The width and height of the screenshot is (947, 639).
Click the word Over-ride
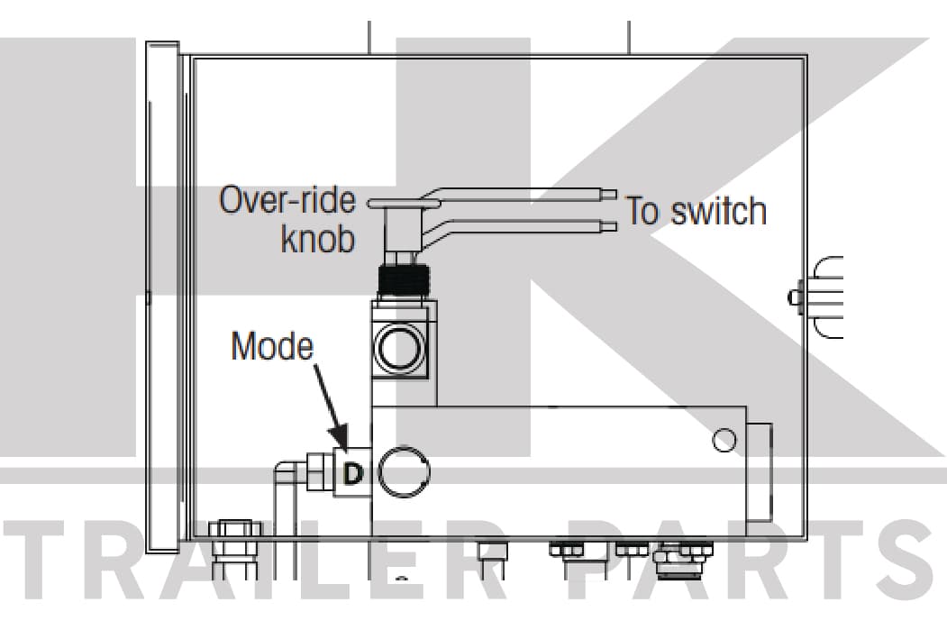[287, 200]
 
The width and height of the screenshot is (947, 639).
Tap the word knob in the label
[318, 239]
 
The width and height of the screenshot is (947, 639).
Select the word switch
[719, 211]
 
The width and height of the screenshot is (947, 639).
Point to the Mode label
[272, 346]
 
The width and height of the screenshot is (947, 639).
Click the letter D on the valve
[353, 473]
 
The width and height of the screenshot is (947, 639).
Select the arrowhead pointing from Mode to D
[340, 438]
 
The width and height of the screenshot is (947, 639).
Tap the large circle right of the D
[404, 472]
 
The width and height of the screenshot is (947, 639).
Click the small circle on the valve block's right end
[724, 440]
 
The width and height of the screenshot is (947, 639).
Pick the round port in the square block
[398, 349]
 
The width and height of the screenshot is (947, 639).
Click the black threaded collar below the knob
[404, 280]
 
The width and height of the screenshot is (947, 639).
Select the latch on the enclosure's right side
[816, 297]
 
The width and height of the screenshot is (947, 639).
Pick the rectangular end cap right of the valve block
[760, 473]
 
